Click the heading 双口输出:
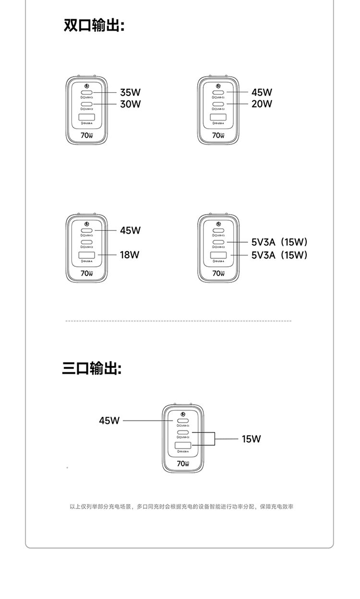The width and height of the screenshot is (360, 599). (94, 25)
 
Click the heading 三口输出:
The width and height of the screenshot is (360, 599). (92, 369)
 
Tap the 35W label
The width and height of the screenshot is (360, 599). (130, 92)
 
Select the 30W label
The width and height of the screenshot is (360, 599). (130, 104)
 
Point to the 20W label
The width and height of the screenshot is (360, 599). (262, 104)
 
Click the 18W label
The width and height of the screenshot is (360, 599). (130, 254)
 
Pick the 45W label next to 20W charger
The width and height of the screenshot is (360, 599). (262, 92)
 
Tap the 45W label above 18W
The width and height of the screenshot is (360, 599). (130, 230)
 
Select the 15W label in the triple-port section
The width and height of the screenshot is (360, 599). (251, 439)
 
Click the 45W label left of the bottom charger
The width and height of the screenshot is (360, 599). (109, 420)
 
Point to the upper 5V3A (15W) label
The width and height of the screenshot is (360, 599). (279, 242)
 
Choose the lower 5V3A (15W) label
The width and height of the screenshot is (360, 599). (279, 254)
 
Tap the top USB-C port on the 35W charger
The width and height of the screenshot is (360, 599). (87, 92)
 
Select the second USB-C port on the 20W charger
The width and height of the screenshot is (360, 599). (218, 104)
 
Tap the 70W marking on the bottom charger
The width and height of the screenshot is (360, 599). (183, 464)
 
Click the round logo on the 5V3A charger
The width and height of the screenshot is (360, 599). (218, 223)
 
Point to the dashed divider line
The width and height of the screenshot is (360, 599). (178, 321)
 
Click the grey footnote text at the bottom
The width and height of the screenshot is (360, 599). (181, 506)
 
